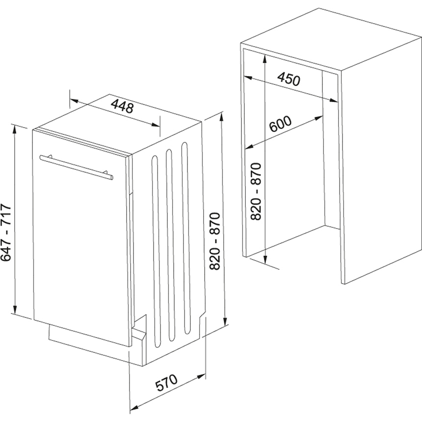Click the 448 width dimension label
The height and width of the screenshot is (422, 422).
[122, 106]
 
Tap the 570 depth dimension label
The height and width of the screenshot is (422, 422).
[167, 382]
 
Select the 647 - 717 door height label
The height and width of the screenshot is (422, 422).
[6, 232]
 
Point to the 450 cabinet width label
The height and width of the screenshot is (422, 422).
[289, 79]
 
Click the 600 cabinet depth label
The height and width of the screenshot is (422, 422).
[280, 124]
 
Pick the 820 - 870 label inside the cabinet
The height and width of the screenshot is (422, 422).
[256, 192]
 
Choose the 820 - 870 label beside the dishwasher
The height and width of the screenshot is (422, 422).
[215, 241]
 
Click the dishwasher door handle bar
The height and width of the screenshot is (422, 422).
[77, 167]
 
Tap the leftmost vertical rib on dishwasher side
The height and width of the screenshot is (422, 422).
[156, 252]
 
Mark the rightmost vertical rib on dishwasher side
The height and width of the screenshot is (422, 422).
[185, 238]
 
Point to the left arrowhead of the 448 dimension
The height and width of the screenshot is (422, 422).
[74, 101]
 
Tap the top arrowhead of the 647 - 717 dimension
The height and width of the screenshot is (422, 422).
[15, 129]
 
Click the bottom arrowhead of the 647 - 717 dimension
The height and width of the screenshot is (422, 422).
[15, 309]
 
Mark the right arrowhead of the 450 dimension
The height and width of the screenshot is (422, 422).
[334, 100]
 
